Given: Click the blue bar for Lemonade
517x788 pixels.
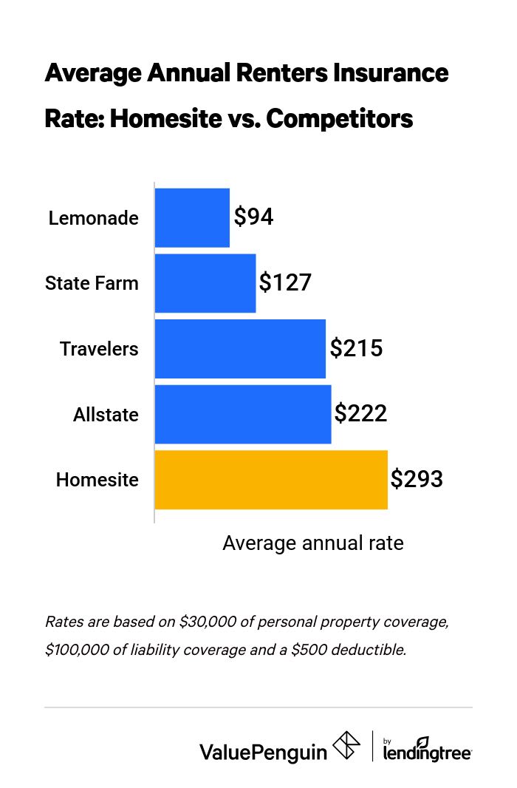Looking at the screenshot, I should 192,217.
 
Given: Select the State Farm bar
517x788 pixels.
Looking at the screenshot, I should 205,283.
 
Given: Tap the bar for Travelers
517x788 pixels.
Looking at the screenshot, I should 240,348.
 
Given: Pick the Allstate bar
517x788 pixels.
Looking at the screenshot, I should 243,414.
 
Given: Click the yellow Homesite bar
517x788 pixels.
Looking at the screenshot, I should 271,479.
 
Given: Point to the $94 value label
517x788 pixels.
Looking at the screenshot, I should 254,217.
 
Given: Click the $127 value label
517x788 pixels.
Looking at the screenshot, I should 285,283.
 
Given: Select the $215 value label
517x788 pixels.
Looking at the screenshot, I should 356,348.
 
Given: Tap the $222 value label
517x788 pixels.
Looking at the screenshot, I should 360,414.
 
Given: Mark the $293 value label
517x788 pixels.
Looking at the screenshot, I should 417,479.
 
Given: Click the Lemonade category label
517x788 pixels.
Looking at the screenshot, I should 94,218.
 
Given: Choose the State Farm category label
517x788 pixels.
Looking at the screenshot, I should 92,283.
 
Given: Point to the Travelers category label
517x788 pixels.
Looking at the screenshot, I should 99,348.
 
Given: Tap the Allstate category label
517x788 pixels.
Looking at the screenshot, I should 106,414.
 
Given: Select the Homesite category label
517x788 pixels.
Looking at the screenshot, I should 97,479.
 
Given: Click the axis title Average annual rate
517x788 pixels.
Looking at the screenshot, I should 313,543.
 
